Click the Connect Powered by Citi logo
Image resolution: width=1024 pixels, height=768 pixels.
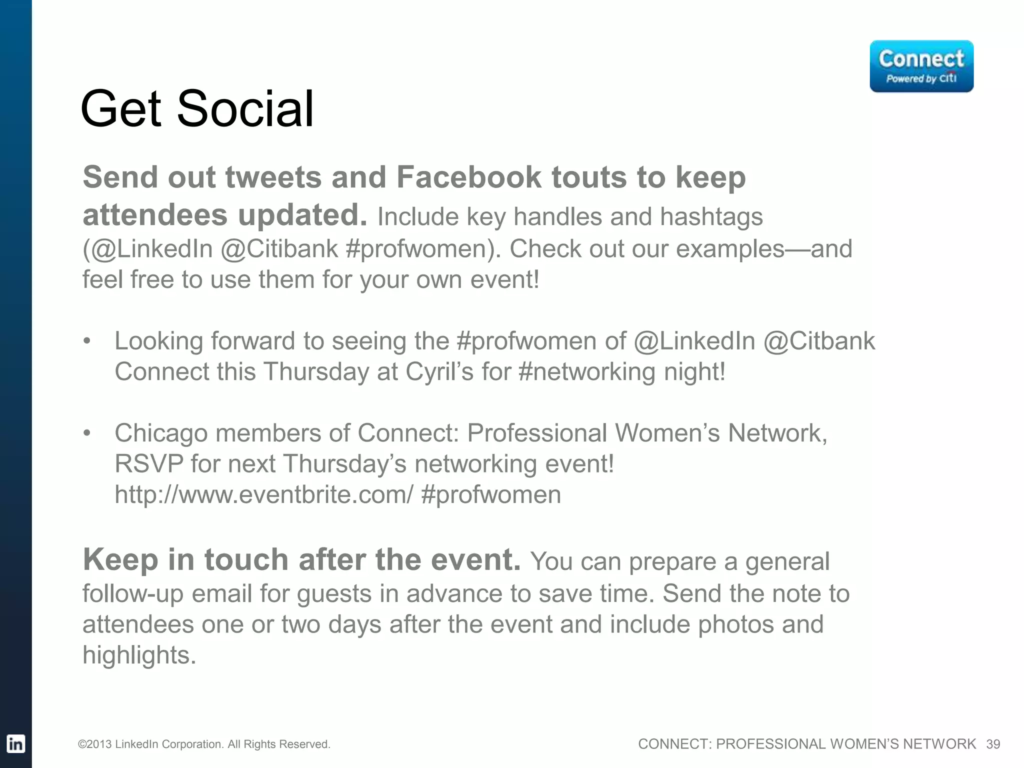pos(921,66)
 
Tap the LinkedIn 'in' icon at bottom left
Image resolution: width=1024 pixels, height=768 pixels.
pos(15,743)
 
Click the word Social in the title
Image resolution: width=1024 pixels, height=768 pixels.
pos(245,108)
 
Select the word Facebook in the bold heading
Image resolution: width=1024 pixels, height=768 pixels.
pos(469,177)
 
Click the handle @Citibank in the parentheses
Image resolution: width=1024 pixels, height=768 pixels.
pos(279,249)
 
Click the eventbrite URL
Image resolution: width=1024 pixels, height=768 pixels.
pos(264,495)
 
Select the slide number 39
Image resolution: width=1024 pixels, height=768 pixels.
pos(993,744)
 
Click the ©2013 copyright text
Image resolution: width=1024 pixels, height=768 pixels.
pos(204,744)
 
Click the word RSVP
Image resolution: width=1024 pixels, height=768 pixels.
pos(149,464)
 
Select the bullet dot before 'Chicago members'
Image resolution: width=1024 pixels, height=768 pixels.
pos(87,433)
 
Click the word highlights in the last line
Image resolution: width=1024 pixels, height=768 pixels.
pos(139,655)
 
